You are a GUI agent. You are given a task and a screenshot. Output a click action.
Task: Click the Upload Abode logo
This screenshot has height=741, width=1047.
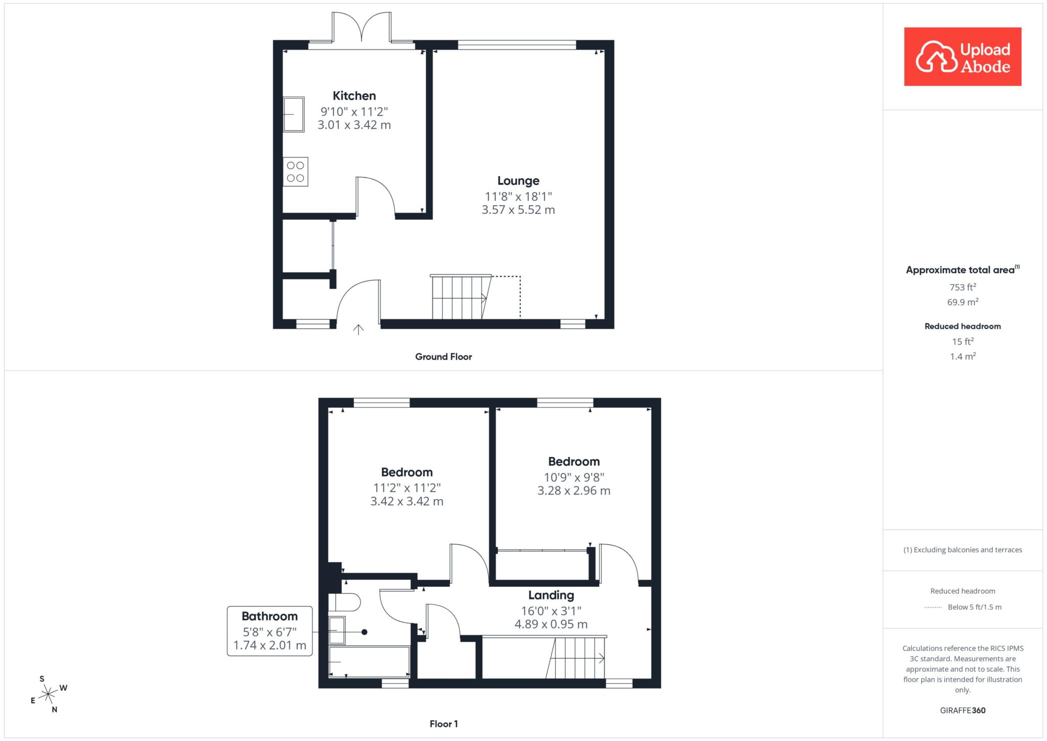point(963,56)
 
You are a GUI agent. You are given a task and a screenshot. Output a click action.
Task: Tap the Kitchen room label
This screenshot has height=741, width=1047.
point(354,96)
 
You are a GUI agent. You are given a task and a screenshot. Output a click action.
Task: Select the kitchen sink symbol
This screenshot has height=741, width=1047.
point(294,115)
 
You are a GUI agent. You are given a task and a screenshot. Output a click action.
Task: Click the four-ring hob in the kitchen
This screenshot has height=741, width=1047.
point(295,172)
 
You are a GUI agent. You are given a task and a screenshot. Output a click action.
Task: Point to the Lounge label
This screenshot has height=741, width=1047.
point(518,181)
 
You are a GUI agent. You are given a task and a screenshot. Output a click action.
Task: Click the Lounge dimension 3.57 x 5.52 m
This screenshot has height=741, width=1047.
point(518,210)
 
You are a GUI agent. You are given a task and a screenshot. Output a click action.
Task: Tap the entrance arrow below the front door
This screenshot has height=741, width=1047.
point(358,329)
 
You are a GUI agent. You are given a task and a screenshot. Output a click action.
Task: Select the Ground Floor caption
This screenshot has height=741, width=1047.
point(443,357)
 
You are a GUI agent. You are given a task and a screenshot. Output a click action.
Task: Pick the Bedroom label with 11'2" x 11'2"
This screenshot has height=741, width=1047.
point(407,472)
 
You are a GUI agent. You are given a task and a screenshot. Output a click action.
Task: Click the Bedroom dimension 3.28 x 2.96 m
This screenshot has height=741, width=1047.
point(574,491)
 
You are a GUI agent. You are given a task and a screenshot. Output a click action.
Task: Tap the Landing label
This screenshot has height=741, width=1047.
point(551,595)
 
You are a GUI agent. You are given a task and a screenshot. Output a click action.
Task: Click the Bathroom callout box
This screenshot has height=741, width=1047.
point(270,631)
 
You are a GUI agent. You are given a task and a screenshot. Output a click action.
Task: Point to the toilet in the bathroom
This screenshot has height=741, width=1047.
point(345,602)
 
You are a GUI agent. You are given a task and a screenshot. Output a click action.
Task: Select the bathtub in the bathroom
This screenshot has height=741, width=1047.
point(369,662)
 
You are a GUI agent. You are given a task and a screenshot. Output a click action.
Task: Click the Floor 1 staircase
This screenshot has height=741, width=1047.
point(576,658)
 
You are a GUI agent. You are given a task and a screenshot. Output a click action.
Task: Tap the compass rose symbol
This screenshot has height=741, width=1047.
point(48,694)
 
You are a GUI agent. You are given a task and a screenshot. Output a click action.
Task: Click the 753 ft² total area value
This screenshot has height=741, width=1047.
point(963,287)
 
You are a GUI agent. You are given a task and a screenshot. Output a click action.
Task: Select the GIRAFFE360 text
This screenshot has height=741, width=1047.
point(963,710)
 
